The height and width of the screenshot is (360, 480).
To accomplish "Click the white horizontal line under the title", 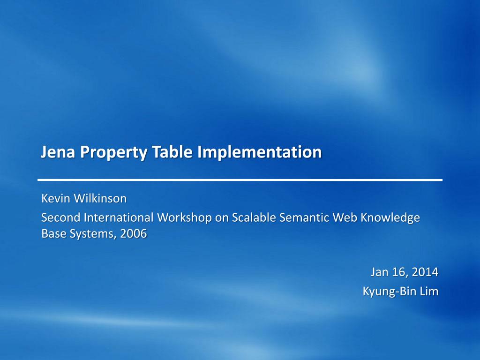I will tap(240, 180).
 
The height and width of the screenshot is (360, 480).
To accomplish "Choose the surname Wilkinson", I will tap(100, 199).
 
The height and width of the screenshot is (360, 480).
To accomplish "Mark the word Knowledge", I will tap(390, 218).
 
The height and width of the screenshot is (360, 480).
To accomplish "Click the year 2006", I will tap(133, 233).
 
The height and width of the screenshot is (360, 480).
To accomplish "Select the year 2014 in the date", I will tap(426, 272).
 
